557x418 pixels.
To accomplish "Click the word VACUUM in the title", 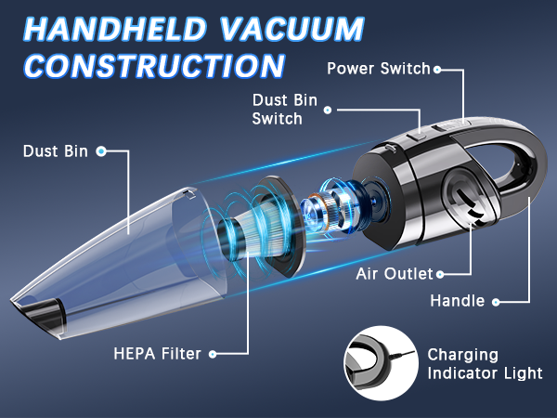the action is click(292, 29).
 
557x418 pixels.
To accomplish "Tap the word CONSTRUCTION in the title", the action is click(155, 66).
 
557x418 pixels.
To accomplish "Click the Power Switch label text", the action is click(379, 69).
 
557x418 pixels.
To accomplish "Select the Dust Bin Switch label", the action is click(285, 110).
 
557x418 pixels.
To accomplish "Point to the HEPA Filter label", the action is click(158, 354).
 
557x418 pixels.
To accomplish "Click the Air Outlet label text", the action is click(395, 274).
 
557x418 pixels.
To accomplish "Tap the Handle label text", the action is click(458, 301).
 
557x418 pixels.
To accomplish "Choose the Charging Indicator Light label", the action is click(485, 364).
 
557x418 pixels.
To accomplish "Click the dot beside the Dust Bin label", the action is click(101, 151).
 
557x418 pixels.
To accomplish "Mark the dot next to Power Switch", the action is click(437, 70).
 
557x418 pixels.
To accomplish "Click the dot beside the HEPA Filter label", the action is click(213, 354).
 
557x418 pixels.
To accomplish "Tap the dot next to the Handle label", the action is click(496, 302).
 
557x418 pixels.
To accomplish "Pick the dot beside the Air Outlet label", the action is click(440, 274).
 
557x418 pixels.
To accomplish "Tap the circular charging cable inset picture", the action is click(382, 363).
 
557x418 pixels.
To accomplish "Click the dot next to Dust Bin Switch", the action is click(328, 111).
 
